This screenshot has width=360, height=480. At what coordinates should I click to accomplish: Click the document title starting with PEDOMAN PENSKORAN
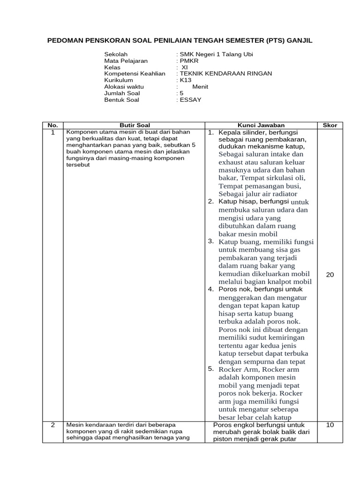[x=180, y=41]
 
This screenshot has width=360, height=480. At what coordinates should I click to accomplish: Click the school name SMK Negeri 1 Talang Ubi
[x=214, y=54]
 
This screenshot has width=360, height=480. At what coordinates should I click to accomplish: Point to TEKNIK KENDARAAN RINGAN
[x=224, y=74]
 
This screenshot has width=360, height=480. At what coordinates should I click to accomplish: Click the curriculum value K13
[x=184, y=80]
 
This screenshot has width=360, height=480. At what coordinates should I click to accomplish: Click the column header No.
[x=53, y=125]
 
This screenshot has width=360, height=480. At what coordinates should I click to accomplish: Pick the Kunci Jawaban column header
[x=261, y=125]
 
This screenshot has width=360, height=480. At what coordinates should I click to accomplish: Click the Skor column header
[x=330, y=125]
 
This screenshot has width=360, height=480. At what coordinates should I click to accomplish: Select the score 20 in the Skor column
[x=330, y=275]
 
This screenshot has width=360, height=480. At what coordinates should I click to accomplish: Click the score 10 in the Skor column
[x=330, y=425]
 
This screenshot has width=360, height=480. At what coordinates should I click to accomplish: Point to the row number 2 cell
[x=53, y=425]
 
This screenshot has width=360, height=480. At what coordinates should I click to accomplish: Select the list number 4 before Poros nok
[x=211, y=289]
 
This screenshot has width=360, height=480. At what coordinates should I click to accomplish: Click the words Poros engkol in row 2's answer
[x=233, y=425]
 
